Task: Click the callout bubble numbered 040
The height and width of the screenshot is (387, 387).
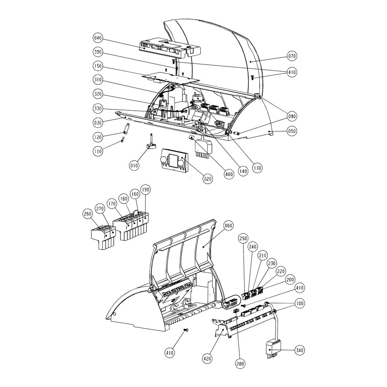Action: pos(98,38)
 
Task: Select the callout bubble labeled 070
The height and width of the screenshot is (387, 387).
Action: pos(292,56)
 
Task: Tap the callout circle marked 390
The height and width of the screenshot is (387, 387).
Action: pos(98,52)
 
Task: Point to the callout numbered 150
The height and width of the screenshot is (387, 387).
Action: pos(98,66)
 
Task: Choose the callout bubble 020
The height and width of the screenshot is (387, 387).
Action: pos(207,178)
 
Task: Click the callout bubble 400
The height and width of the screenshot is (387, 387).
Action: pos(229,174)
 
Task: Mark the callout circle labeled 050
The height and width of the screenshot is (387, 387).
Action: pos(292,131)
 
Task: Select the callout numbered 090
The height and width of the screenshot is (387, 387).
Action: pos(292,116)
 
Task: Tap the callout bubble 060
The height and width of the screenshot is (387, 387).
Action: pos(229,225)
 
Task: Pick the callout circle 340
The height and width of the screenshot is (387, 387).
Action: pos(300,350)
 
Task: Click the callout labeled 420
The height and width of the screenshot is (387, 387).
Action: pos(207,358)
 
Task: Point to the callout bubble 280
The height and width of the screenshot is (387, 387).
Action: pos(240,363)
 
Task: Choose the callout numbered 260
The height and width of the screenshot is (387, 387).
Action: pos(87,214)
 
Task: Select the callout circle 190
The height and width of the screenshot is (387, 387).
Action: pos(145,190)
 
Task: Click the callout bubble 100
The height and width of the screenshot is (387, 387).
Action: pos(300,303)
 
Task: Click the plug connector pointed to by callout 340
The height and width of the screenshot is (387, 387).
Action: pos(273,349)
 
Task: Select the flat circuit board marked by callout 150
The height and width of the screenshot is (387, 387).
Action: pos(171,77)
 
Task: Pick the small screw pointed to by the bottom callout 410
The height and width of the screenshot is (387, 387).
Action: pos(186,330)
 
